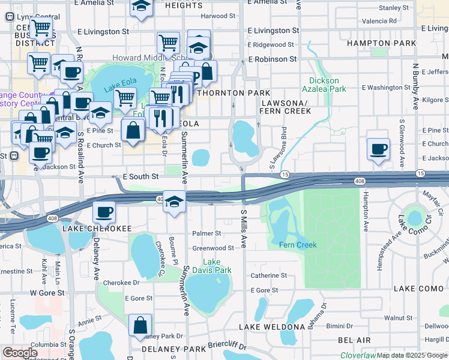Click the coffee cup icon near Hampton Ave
coord(378,149)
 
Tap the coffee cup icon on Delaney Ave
coord(104,212)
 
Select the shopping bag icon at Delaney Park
coord(140,325)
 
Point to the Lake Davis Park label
coord(217,266)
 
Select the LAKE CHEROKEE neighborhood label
coord(97,229)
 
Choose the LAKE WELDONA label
coord(272,327)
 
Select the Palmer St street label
coord(206,233)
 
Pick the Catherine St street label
coord(269,275)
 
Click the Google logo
coord(20,353)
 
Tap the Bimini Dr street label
coord(340,326)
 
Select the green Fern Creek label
coord(298,245)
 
